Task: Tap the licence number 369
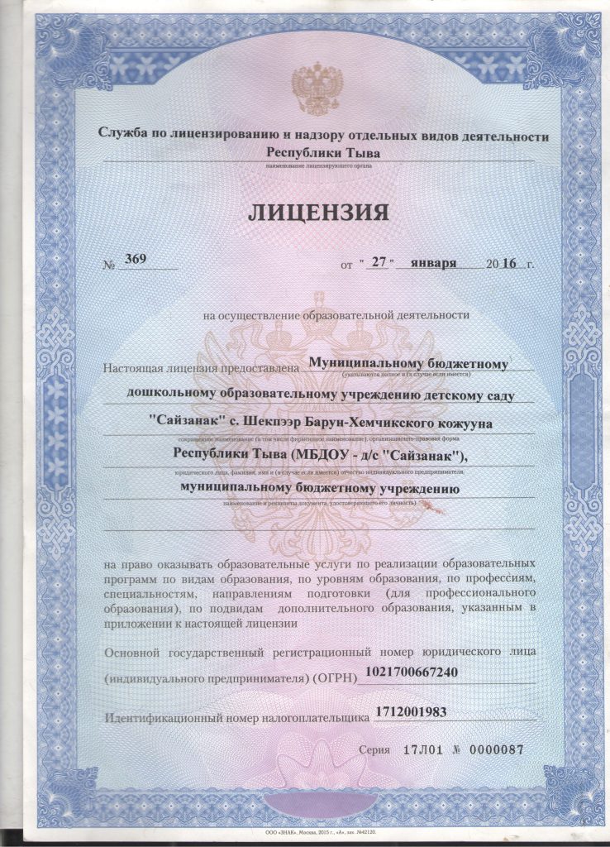tap(135, 259)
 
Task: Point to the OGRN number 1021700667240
tap(411, 672)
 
